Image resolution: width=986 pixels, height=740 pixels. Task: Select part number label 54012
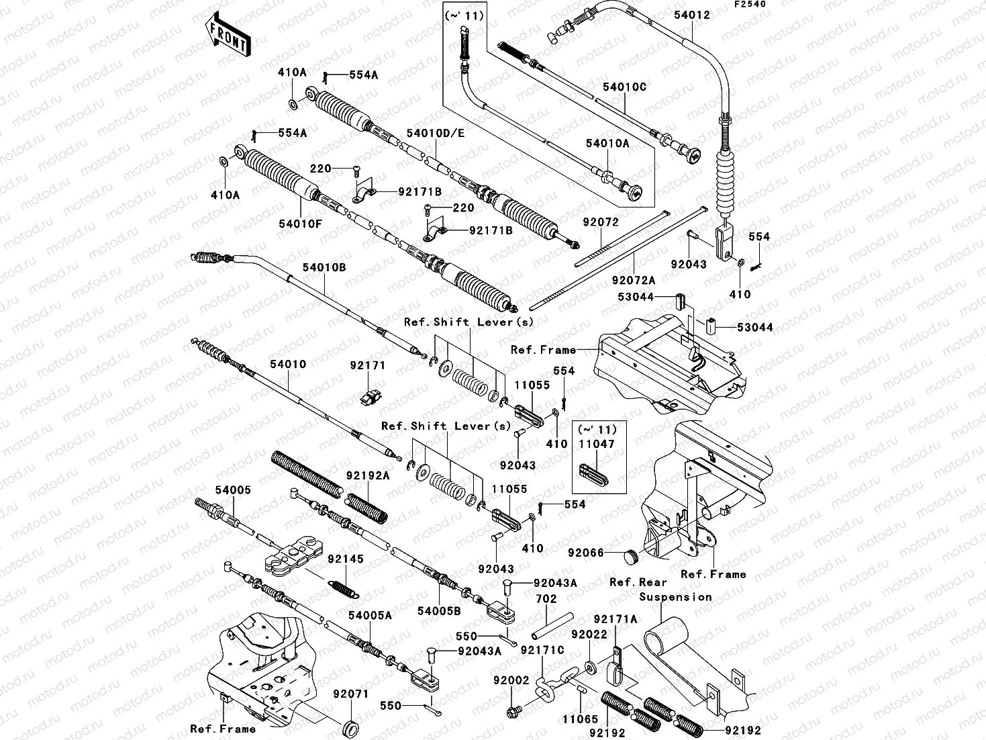pos(688,15)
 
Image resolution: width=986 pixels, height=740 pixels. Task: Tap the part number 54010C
pos(624,87)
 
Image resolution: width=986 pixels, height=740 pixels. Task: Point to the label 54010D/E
pos(435,133)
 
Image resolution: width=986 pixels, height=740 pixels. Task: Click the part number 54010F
pos(301,223)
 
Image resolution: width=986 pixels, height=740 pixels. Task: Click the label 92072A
pos(633,279)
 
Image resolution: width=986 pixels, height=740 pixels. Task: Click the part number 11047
pos(597,444)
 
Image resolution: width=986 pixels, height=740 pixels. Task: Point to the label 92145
pos(345,559)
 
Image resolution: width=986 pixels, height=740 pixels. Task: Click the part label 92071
pos(351,694)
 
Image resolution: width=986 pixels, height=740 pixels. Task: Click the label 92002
pos(512,680)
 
